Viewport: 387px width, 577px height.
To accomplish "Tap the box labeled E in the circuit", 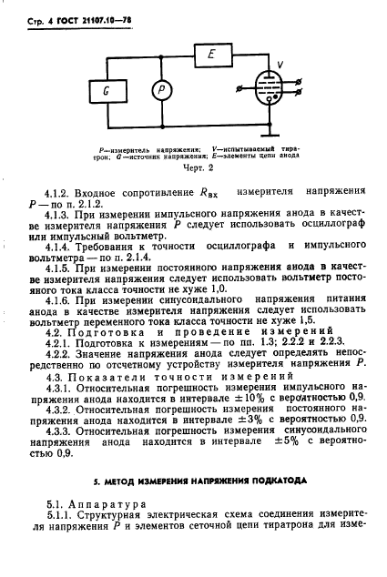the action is point(210,55).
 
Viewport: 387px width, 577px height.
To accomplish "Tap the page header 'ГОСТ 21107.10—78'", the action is point(87,14).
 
